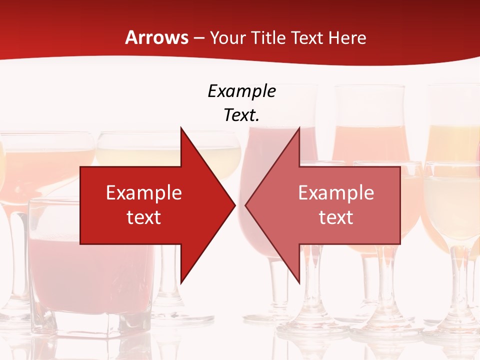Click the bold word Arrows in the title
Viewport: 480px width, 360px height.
156,37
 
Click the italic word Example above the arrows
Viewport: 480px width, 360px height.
241,91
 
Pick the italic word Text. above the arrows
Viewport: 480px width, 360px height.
241,115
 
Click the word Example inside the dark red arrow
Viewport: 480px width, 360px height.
144,192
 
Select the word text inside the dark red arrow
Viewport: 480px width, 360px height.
144,217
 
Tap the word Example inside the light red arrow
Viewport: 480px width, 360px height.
336,192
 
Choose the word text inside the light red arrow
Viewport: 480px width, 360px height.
336,217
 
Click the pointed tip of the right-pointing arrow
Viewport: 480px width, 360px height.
235,204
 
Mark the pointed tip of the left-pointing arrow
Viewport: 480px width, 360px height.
245,204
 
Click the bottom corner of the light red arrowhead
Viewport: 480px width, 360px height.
299,283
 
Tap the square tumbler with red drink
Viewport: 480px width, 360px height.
90,265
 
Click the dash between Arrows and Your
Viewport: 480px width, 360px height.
199,37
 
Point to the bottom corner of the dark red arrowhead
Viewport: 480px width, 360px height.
181,283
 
